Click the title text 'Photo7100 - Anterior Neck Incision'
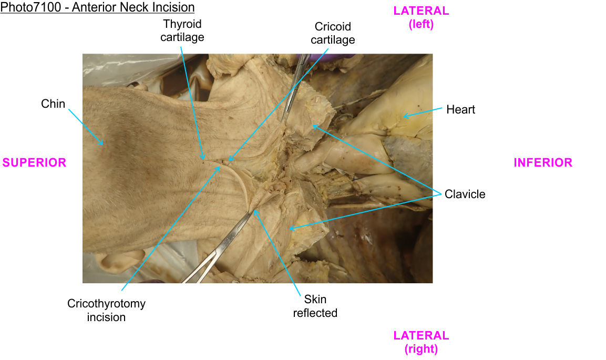point(98,7)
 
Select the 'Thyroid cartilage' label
point(182,30)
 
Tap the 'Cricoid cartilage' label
point(333,33)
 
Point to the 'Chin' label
point(53,104)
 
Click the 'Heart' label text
point(460,109)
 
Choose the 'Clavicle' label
point(465,194)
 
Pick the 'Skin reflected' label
point(315,306)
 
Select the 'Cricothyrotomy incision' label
point(106,310)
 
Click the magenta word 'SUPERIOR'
point(35,162)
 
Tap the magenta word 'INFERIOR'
point(543,162)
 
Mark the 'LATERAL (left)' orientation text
point(421,17)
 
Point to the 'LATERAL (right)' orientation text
point(421,342)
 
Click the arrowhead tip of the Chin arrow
point(103,144)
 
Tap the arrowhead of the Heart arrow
point(404,116)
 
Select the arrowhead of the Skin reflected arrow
point(255,210)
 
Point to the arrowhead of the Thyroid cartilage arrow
point(203,158)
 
